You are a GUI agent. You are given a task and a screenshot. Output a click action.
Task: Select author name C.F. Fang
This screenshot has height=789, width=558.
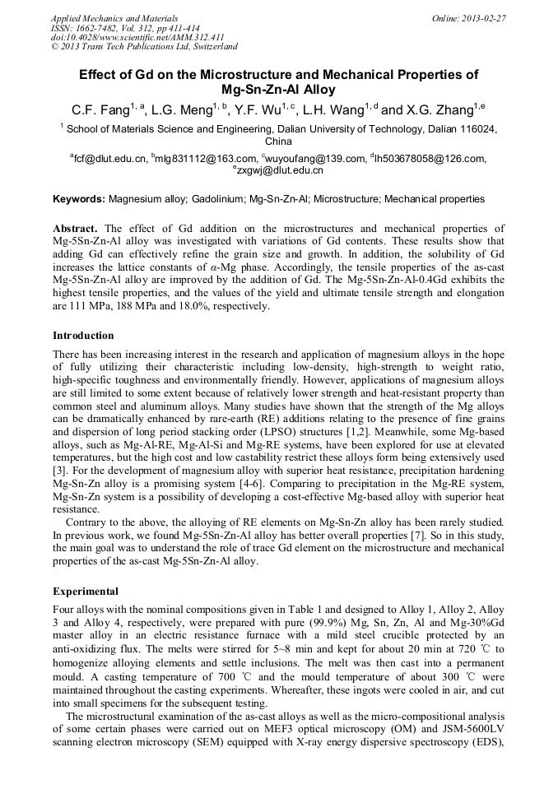pyautogui.click(x=97, y=109)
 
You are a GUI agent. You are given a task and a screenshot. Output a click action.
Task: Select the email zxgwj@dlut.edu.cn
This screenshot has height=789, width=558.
pyautogui.click(x=281, y=171)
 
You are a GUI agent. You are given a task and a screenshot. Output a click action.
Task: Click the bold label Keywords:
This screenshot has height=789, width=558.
pyautogui.click(x=79, y=199)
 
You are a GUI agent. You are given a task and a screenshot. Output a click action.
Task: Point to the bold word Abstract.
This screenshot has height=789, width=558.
pyautogui.click(x=76, y=228)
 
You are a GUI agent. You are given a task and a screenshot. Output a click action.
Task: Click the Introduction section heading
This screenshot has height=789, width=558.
pyautogui.click(x=83, y=336)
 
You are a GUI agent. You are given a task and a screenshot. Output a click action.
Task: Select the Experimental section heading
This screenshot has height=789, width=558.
pyautogui.click(x=85, y=591)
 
